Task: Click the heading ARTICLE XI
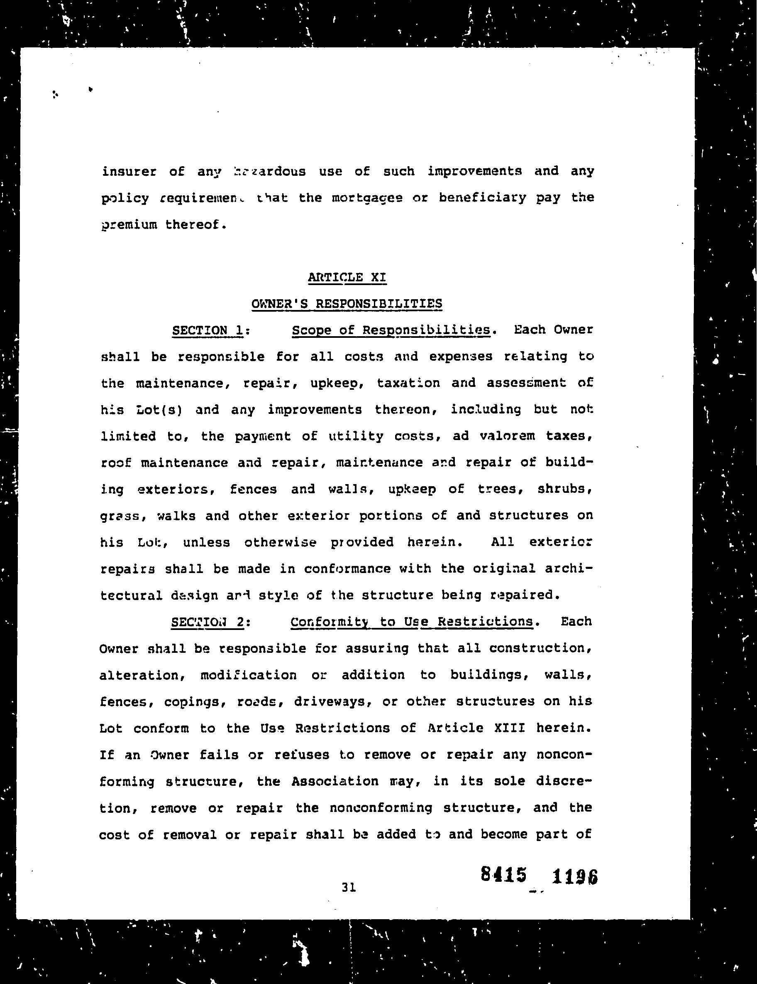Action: pyautogui.click(x=347, y=277)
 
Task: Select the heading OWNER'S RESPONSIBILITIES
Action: pyautogui.click(x=347, y=304)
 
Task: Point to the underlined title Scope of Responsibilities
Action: pyautogui.click(x=391, y=330)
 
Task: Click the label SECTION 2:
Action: pyautogui.click(x=210, y=622)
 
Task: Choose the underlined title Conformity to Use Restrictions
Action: pyautogui.click(x=412, y=622)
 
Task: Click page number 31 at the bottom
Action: pyautogui.click(x=349, y=887)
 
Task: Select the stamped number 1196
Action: pyautogui.click(x=575, y=876)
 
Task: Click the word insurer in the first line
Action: pyautogui.click(x=129, y=172)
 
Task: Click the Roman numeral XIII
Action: pyautogui.click(x=510, y=728)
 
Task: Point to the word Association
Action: pyautogui.click(x=335, y=781)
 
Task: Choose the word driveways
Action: pyautogui.click(x=332, y=702)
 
